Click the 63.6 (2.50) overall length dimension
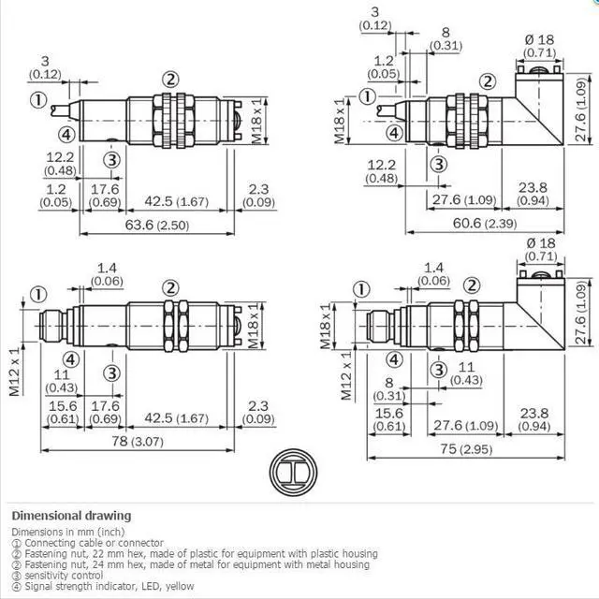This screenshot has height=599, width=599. (x=157, y=226)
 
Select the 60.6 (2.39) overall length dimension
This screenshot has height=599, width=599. (x=485, y=224)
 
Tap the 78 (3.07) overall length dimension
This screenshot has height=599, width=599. (x=138, y=442)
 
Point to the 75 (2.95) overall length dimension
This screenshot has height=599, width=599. (x=466, y=449)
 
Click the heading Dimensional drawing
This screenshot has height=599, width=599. (x=71, y=516)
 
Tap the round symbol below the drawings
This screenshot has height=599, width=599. (x=293, y=472)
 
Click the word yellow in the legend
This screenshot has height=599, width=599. (x=180, y=586)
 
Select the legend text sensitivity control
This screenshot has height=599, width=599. (x=64, y=576)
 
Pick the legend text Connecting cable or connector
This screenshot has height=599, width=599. (x=94, y=543)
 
